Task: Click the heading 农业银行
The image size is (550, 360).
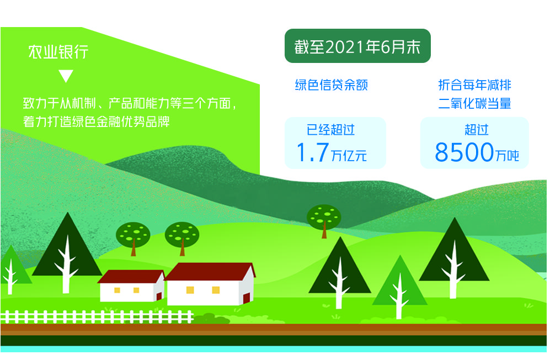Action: [58, 52]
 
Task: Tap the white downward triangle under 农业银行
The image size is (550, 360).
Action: [66, 76]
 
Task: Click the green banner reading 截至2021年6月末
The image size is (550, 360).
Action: [357, 46]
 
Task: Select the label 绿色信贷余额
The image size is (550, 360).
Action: [331, 85]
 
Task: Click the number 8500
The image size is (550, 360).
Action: [464, 152]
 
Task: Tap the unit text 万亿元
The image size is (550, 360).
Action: [349, 156]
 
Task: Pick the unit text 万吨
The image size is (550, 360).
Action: [507, 156]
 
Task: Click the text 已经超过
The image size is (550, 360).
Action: [330, 130]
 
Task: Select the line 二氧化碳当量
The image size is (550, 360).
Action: [474, 103]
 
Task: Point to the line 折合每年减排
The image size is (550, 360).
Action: [474, 85]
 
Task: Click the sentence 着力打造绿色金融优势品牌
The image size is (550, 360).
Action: [97, 121]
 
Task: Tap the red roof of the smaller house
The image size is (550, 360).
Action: [131, 277]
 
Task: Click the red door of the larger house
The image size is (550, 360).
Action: [247, 298]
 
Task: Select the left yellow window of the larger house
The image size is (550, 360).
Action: [190, 290]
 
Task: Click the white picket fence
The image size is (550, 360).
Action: [97, 317]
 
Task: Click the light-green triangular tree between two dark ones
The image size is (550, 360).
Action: [399, 287]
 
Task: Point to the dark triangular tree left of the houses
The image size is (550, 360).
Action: [67, 252]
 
